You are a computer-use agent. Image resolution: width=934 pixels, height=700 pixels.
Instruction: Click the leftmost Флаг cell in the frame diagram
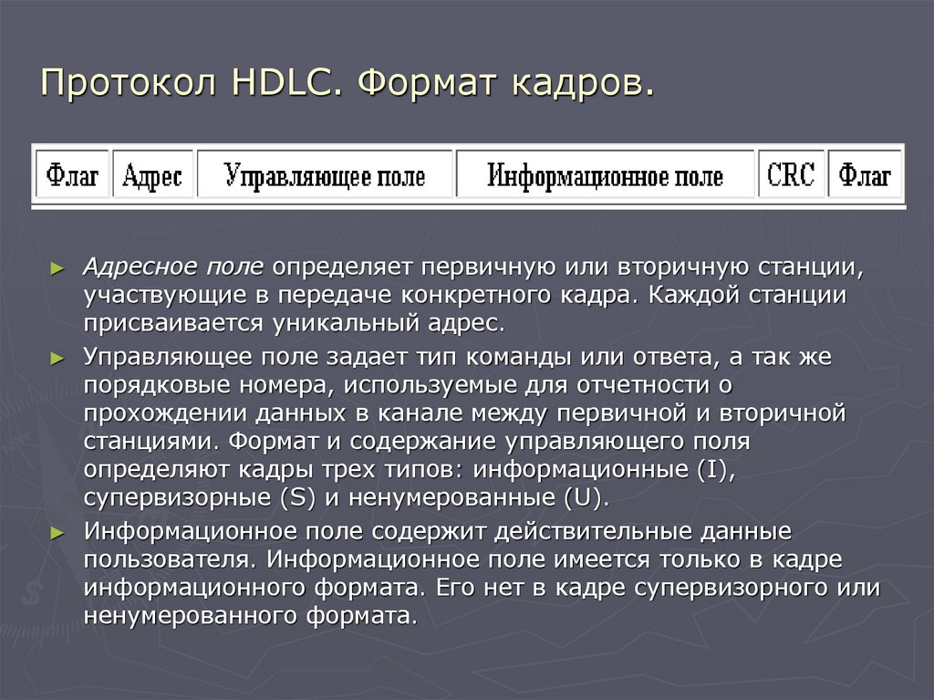click(x=73, y=173)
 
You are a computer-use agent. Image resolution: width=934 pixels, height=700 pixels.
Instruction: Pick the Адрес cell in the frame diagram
click(x=152, y=173)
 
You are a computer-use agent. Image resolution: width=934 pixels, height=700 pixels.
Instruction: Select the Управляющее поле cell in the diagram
click(x=325, y=173)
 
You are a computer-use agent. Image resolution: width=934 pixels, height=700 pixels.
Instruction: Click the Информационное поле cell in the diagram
click(x=606, y=173)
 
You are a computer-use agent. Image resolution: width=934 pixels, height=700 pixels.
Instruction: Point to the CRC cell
click(x=791, y=173)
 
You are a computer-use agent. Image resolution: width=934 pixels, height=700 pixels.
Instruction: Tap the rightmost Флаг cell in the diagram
click(x=865, y=173)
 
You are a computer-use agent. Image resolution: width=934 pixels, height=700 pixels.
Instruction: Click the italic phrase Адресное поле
click(x=173, y=267)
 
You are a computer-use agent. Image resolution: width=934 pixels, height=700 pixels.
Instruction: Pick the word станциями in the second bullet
click(x=150, y=443)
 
